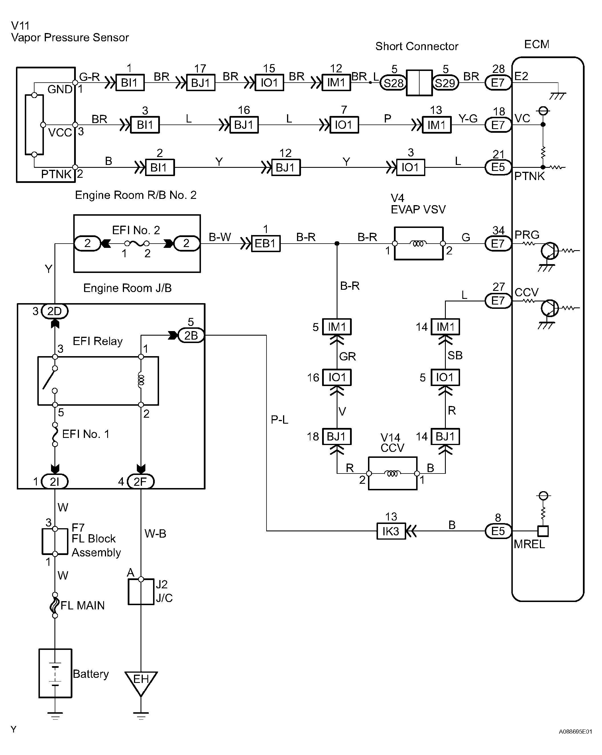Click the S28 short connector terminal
[393, 83]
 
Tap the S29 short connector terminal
[445, 83]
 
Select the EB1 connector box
[266, 243]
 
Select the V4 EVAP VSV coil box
[419, 243]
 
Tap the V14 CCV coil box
[393, 474]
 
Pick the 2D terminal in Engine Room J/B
[55, 311]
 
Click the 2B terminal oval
[191, 336]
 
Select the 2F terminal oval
[141, 482]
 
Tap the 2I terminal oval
[55, 482]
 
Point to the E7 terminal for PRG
[498, 243]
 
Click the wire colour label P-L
[279, 419]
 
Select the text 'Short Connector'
[417, 46]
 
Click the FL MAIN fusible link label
[83, 605]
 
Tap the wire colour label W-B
[155, 534]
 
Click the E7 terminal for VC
[498, 125]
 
